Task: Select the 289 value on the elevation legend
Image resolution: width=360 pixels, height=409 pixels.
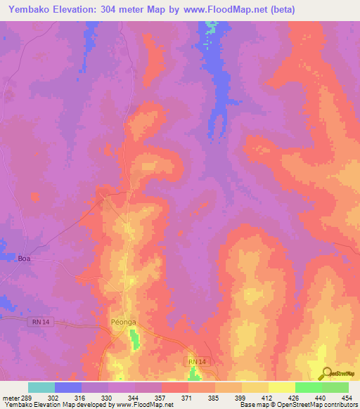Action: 27,398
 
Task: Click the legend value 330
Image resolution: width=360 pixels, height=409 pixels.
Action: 108,398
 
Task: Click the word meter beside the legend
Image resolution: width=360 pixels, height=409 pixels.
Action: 11,398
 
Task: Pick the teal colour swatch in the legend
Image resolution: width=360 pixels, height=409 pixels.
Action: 41,387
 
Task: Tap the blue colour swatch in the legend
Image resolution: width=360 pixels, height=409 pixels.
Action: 67,387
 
